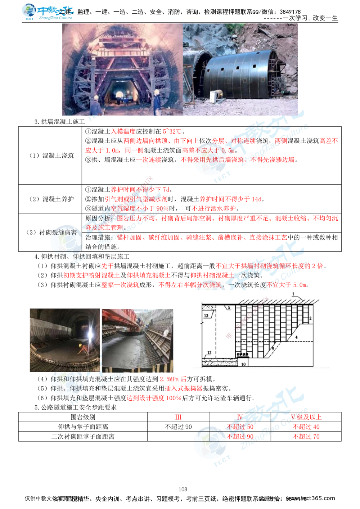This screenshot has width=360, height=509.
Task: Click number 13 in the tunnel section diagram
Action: pos(206,315)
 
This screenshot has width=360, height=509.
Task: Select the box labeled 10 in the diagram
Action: pos(243,364)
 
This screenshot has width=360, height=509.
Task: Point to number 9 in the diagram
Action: pos(273,348)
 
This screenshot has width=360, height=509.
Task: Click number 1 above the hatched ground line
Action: pos(293,294)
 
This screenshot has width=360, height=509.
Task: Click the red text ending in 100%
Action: pos(154,398)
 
